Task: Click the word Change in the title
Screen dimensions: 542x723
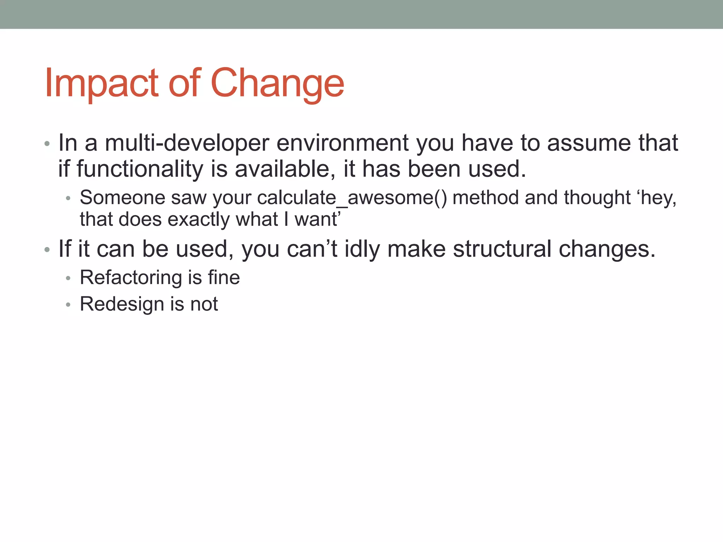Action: click(x=277, y=84)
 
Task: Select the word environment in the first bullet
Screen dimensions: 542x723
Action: click(x=342, y=143)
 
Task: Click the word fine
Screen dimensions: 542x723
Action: click(x=224, y=278)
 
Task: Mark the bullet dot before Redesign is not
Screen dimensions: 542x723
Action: click(x=68, y=305)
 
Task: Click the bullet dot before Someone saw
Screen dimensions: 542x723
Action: click(x=68, y=198)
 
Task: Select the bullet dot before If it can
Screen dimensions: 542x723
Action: click(x=47, y=250)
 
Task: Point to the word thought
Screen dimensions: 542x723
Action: click(x=597, y=198)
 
